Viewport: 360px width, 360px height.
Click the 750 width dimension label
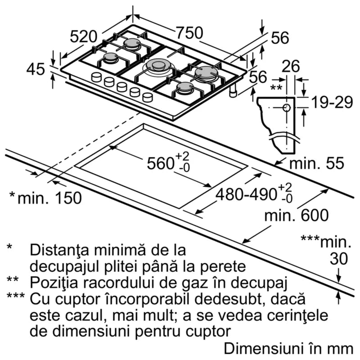[189, 33]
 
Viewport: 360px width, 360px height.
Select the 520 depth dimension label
[84, 37]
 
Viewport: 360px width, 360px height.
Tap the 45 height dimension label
[36, 69]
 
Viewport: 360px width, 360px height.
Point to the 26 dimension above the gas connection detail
[291, 66]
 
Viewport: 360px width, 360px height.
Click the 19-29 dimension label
[332, 103]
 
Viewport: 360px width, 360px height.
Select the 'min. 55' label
[317, 163]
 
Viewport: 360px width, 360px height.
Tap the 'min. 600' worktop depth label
[297, 216]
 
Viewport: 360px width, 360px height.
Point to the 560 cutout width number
[161, 163]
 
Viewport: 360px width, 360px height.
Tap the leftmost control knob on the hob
[96, 77]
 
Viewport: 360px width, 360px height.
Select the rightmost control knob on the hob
[148, 97]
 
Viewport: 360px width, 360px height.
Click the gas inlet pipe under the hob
[233, 91]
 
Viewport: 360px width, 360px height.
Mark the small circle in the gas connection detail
[287, 108]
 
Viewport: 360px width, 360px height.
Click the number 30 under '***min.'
[339, 259]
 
